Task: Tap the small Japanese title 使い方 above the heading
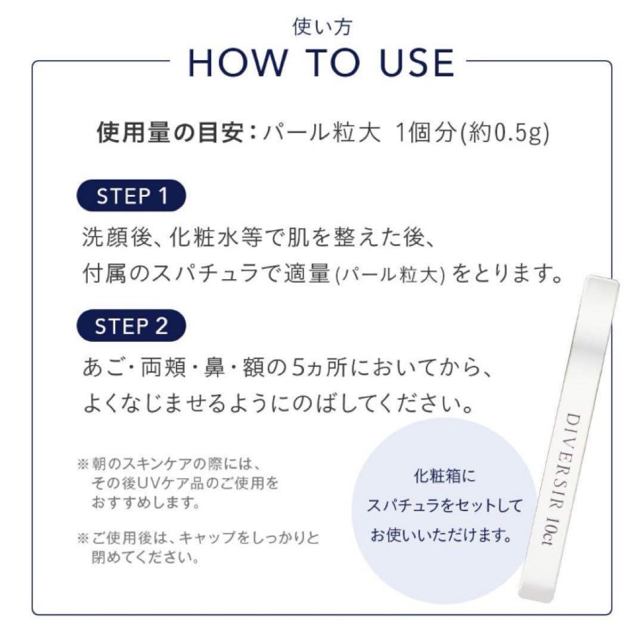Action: click(322, 26)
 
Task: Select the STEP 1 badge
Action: click(132, 197)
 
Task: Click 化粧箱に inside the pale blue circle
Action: click(445, 478)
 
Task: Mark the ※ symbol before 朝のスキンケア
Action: click(83, 463)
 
